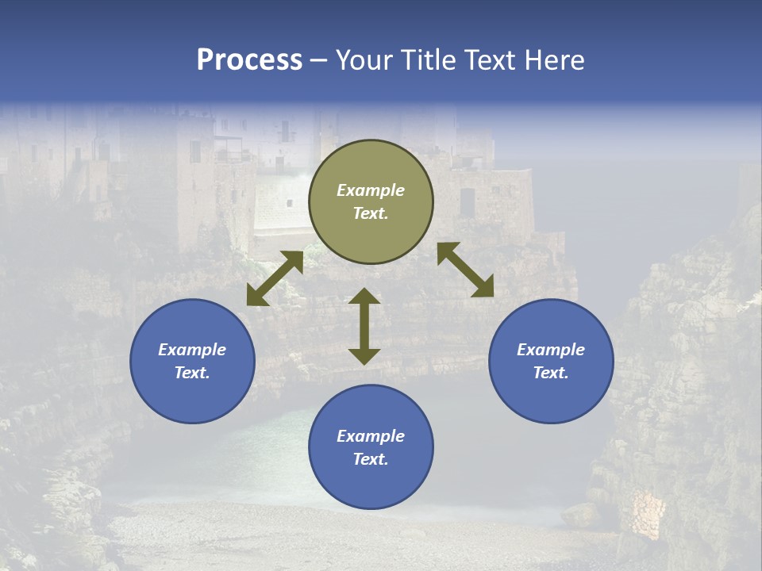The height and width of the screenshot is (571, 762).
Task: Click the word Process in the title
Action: click(x=249, y=60)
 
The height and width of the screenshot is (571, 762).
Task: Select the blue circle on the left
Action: click(x=192, y=361)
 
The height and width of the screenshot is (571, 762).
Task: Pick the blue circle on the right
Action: click(x=551, y=361)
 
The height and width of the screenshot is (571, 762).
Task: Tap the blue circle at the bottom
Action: click(x=371, y=446)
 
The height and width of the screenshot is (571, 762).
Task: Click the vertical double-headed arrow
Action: click(x=364, y=326)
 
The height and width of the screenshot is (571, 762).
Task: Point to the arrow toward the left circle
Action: click(x=275, y=278)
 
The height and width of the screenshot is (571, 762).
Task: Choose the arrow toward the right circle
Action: click(x=465, y=270)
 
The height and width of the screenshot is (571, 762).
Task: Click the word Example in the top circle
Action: click(x=371, y=190)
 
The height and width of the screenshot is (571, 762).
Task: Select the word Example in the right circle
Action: click(x=551, y=350)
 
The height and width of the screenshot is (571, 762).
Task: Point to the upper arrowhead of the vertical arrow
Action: click(x=364, y=297)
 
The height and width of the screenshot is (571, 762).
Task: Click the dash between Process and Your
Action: click(x=318, y=60)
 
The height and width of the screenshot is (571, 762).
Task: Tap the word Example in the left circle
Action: click(x=192, y=350)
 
